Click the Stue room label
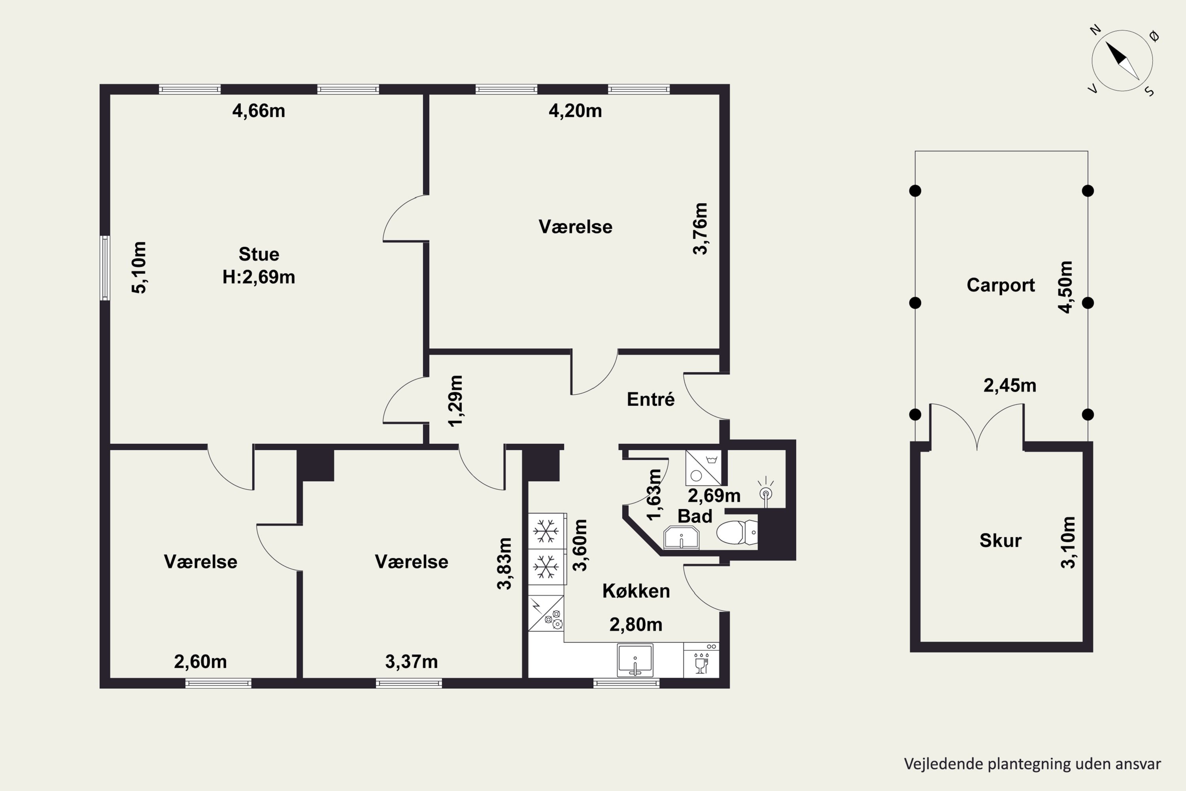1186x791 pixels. pyautogui.click(x=259, y=254)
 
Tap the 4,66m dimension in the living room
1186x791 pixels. pyautogui.click(x=259, y=110)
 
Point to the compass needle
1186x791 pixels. pyautogui.click(x=1122, y=61)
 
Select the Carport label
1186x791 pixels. pyautogui.click(x=1001, y=285)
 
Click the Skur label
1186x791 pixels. pyautogui.click(x=1001, y=540)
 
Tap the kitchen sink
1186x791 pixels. pyautogui.click(x=635, y=660)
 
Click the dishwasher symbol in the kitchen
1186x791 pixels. pyautogui.click(x=701, y=660)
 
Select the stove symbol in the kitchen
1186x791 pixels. pyautogui.click(x=546, y=613)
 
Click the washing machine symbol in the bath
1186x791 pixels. pyautogui.click(x=703, y=467)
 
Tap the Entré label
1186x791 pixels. pyautogui.click(x=650, y=399)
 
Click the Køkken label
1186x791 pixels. pyautogui.click(x=636, y=591)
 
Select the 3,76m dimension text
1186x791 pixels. pyautogui.click(x=701, y=229)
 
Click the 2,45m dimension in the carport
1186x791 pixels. pyautogui.click(x=1010, y=385)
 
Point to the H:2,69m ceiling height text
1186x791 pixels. pyautogui.click(x=259, y=277)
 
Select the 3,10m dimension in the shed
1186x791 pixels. pyautogui.click(x=1068, y=542)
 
